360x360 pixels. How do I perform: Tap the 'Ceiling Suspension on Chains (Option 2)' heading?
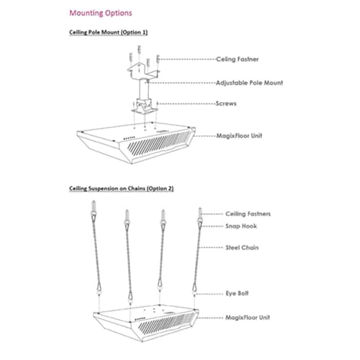coord(121,189)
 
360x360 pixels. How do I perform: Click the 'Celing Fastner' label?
coord(237,59)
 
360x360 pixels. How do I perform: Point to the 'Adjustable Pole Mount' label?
coord(249,82)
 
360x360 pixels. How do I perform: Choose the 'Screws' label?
coord(226,103)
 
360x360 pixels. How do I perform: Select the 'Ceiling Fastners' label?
coord(248,213)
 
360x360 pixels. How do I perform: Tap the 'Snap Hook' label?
coord(241,226)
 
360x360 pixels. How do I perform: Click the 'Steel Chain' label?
coord(242,247)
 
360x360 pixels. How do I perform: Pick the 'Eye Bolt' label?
coord(237,293)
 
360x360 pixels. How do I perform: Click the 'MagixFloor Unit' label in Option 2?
coord(248,317)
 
